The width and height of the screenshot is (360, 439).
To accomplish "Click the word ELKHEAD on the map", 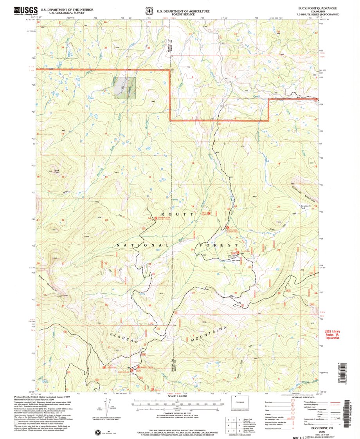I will click(124, 339).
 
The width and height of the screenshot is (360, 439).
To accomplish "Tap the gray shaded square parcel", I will click(125, 87).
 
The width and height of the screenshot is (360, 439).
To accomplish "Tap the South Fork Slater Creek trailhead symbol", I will click(227, 227).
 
